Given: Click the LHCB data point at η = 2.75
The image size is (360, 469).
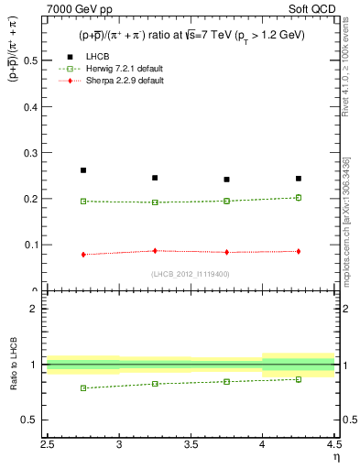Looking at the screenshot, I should [83, 170].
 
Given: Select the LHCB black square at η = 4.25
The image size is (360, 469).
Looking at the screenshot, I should [299, 179].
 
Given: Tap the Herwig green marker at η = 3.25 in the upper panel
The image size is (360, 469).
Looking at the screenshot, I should [155, 202].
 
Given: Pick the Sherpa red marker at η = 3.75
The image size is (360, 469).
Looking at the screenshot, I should [226, 252].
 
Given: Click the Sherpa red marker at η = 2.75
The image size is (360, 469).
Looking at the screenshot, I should [83, 255].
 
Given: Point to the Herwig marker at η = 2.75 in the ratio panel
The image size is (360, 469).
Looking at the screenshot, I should [83, 388].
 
